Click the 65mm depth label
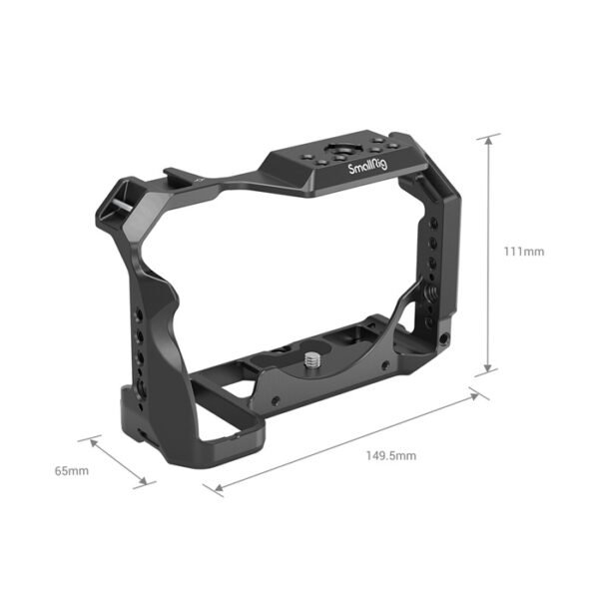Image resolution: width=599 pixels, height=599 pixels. click(73, 470)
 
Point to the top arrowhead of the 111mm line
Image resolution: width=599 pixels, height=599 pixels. click(488, 138)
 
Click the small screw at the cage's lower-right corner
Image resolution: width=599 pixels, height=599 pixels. click(440, 345)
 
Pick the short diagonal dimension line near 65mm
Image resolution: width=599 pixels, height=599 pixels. click(123, 460)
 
